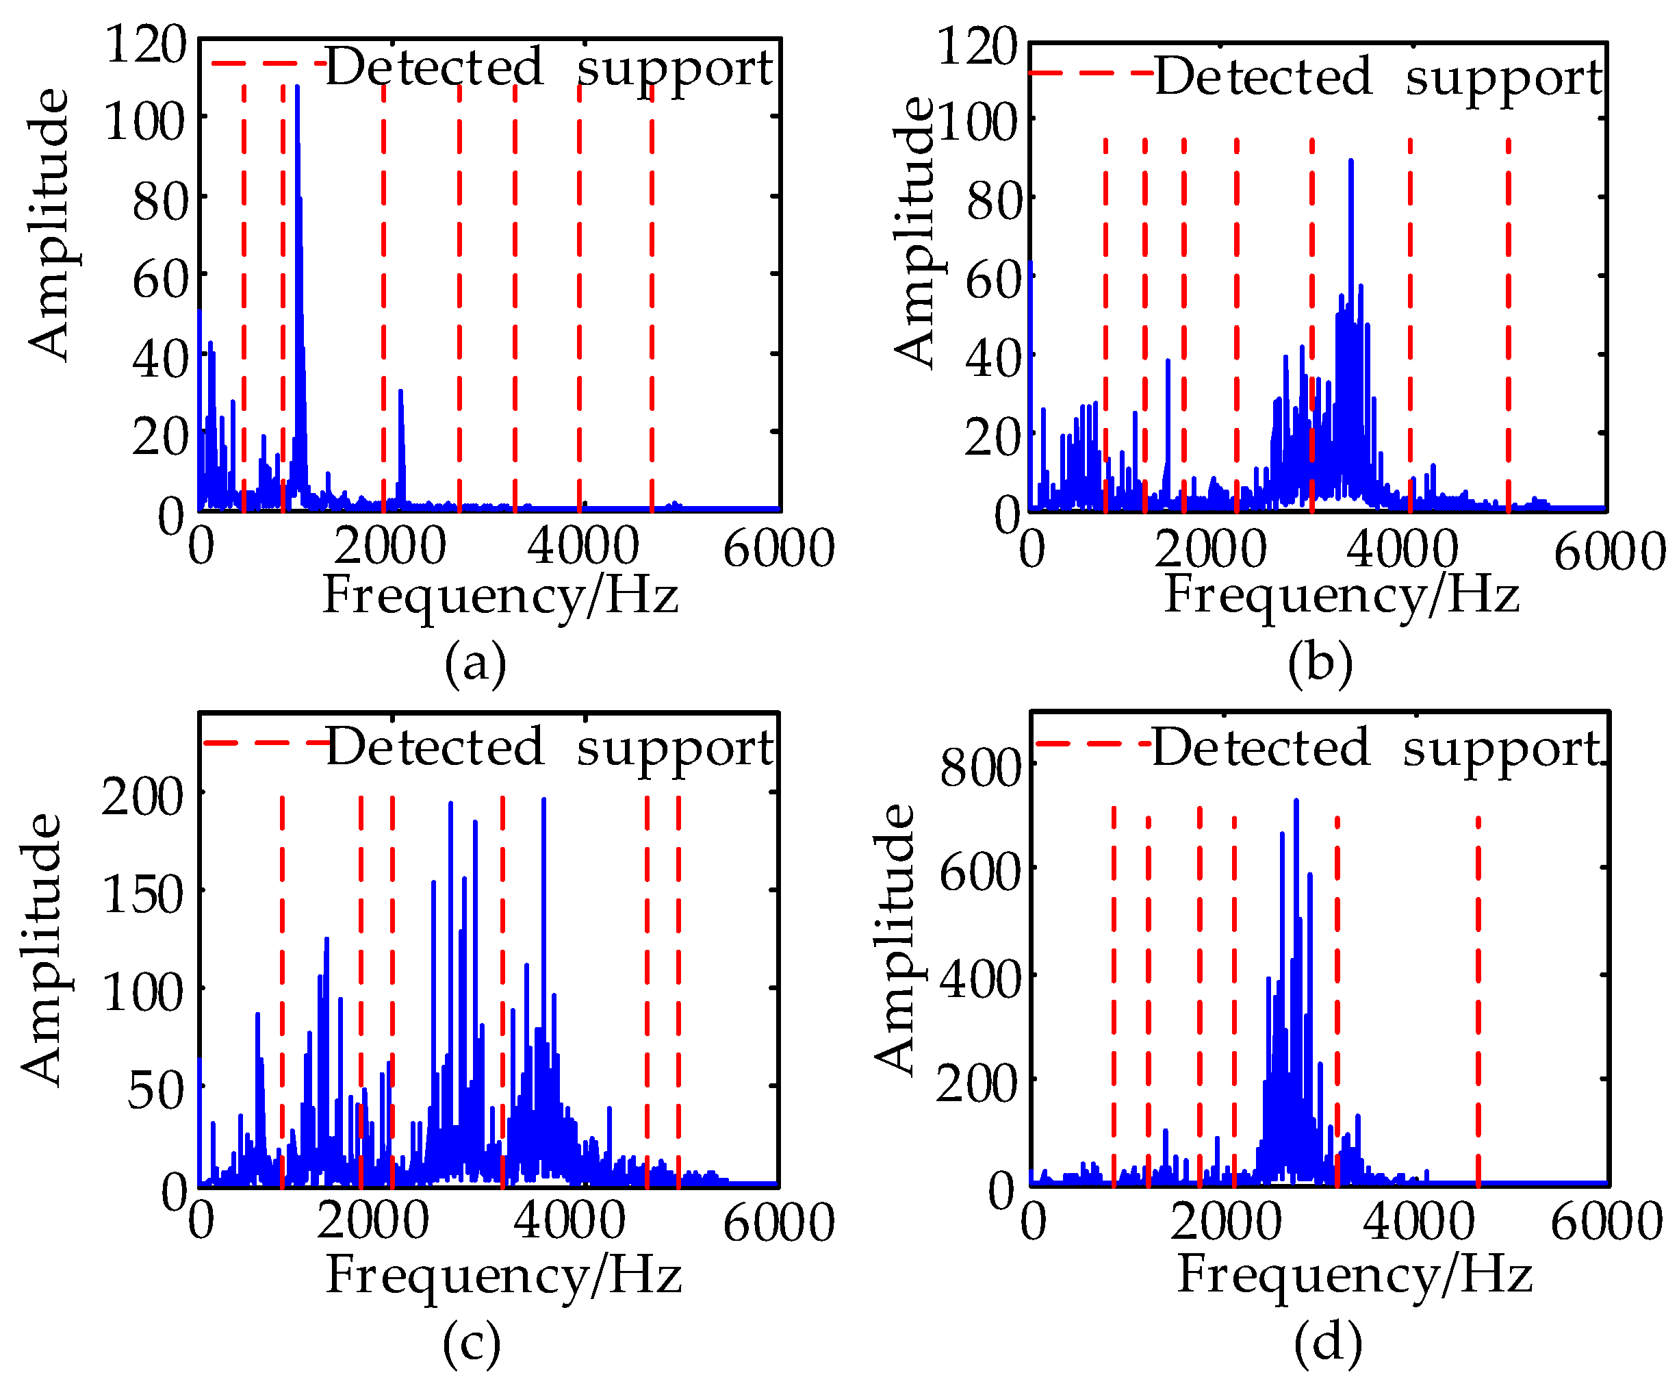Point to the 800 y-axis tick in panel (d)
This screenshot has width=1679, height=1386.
pyautogui.click(x=980, y=768)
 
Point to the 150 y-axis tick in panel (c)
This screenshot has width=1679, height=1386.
pyautogui.click(x=144, y=894)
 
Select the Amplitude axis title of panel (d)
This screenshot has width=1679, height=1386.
pyautogui.click(x=894, y=939)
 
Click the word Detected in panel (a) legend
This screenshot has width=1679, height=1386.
pyautogui.click(x=434, y=67)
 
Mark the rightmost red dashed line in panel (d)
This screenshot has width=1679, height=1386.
pyautogui.click(x=1478, y=998)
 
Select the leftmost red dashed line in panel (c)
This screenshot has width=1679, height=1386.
pyautogui.click(x=283, y=990)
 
